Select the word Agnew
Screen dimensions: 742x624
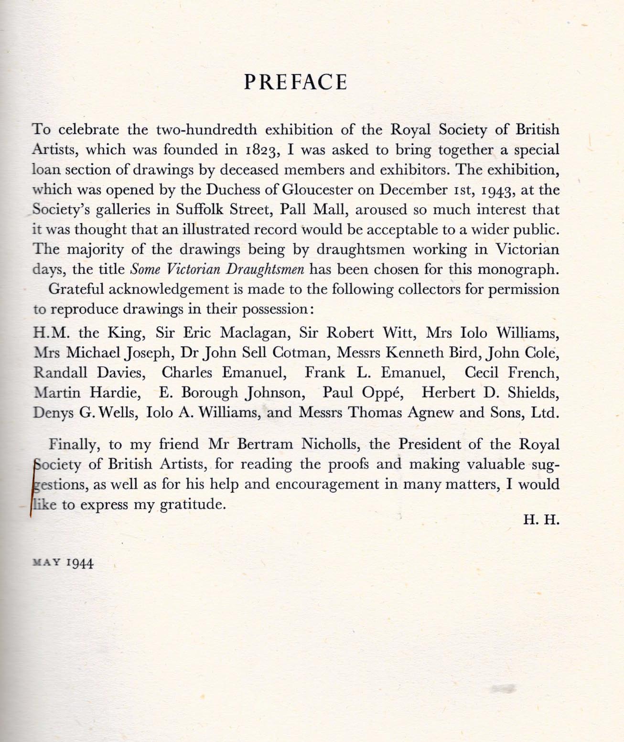430,412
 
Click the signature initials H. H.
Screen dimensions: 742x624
541,520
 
